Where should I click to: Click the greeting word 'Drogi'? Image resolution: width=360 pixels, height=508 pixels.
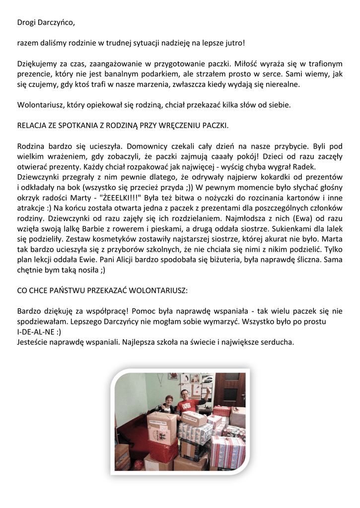coord(27,22)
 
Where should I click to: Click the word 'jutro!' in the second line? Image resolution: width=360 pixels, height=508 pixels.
coord(235,43)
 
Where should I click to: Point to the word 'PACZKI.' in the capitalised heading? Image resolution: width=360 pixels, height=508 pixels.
coord(216,126)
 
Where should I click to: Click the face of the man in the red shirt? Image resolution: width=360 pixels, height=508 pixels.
coord(184,395)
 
